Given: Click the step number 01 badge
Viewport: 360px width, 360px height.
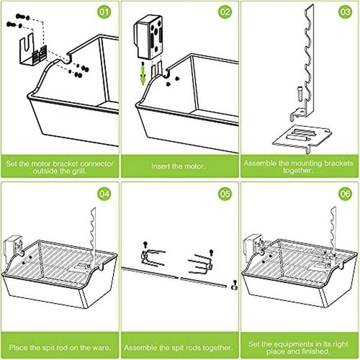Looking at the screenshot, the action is coord(104,12).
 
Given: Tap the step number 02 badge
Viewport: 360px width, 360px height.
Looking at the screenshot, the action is coord(225,12).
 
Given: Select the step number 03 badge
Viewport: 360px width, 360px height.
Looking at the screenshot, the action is coord(345,12).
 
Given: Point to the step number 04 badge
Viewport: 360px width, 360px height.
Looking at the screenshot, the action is coord(104,194).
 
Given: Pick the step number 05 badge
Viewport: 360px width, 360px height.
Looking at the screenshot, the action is coord(225,194).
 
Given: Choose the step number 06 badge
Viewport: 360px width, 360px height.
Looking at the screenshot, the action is coord(345,194).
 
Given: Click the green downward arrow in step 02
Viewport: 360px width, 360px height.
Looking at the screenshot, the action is coord(143,73).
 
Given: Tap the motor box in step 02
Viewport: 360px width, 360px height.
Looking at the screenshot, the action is coord(148,37).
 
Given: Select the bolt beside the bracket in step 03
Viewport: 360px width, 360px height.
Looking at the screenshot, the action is coord(300,94).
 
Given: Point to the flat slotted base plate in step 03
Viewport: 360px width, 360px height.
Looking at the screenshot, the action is coord(302,138).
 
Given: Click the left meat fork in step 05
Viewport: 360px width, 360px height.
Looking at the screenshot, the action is coord(153,257).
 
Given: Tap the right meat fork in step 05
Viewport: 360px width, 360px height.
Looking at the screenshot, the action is coord(200,264).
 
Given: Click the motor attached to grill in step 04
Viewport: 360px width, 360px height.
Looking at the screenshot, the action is coord(13,246).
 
